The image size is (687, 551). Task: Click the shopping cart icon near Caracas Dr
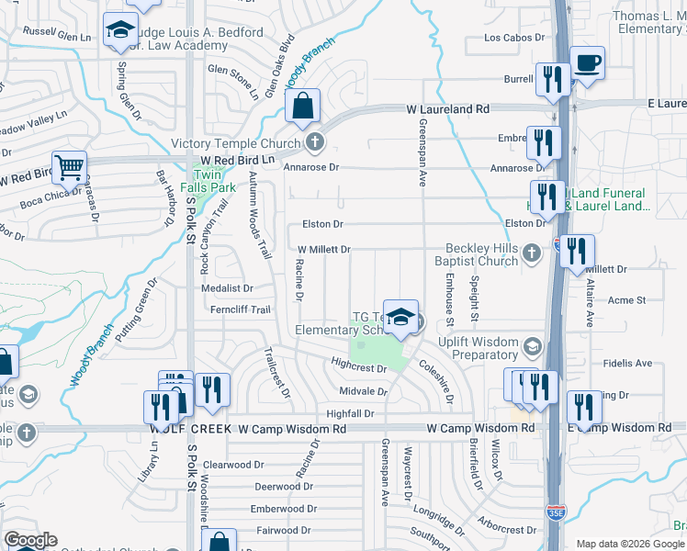pyautogui.click(x=69, y=168)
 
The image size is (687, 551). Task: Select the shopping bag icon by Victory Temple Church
pyautogui.click(x=302, y=107)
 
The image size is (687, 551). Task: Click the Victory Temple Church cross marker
pyautogui.click(x=314, y=142)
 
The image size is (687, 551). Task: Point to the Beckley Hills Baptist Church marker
pyautogui.click(x=531, y=252)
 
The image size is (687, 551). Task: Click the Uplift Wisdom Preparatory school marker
pyautogui.click(x=531, y=346)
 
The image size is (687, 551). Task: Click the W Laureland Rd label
pyautogui.click(x=448, y=108)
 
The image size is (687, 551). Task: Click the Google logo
pyautogui.click(x=30, y=540)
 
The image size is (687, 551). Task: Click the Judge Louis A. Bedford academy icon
pyautogui.click(x=119, y=30)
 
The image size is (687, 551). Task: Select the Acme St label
pyautogui.click(x=627, y=300)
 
